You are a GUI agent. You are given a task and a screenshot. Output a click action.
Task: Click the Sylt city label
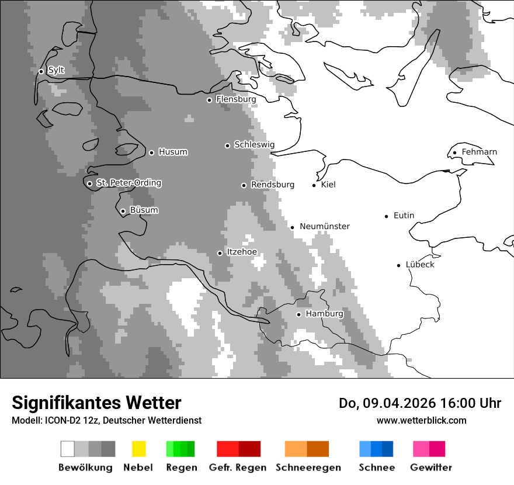point(56,71)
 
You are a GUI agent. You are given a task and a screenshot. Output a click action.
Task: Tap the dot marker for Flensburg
point(209,100)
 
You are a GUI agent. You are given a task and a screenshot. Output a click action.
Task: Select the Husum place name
point(173,153)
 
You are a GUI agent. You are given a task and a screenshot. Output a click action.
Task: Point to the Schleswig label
point(254,145)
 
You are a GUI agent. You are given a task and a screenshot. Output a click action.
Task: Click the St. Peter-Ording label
point(128,183)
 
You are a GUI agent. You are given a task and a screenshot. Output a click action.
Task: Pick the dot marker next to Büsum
point(123,211)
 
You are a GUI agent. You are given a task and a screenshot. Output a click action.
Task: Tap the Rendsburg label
point(272,185)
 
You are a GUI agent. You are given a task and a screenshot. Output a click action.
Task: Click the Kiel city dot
point(314,185)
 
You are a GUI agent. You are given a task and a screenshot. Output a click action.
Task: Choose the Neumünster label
point(324,227)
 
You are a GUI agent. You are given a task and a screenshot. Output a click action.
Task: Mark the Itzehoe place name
point(241,252)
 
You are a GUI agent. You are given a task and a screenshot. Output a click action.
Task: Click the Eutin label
point(404,216)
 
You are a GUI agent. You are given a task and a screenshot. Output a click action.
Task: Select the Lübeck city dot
point(398,265)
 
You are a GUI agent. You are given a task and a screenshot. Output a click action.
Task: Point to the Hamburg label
point(324,314)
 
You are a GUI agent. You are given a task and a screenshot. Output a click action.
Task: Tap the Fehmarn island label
point(479,153)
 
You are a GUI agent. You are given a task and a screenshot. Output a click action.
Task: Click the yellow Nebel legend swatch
point(138,449)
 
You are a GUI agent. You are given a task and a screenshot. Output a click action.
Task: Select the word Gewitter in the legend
point(431,467)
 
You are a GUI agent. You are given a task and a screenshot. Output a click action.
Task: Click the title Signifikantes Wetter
point(96,403)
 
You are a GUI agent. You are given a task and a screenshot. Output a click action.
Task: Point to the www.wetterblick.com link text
point(421,420)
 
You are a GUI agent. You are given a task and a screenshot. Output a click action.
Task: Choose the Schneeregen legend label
point(308,467)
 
